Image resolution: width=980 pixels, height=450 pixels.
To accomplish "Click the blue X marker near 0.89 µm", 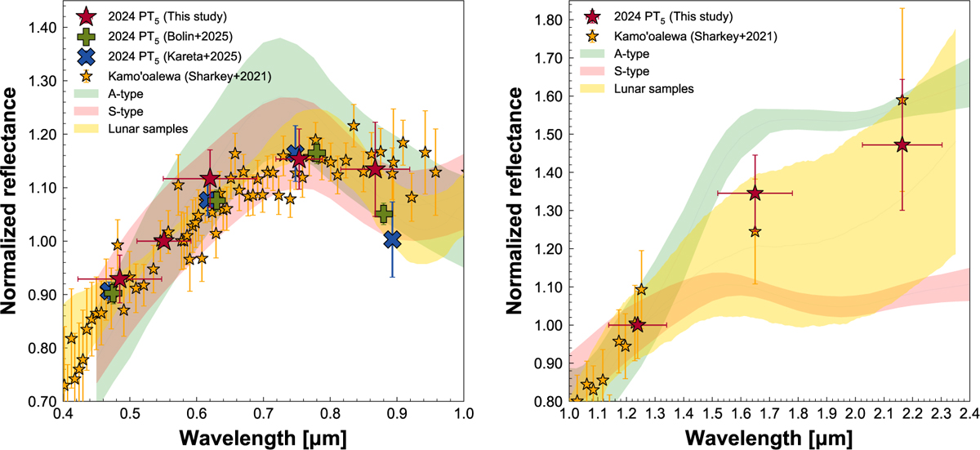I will click(x=393, y=238).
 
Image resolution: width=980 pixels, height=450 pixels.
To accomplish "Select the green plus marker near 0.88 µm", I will click(x=384, y=214).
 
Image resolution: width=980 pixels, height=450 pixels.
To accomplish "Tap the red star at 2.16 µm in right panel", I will click(x=902, y=145).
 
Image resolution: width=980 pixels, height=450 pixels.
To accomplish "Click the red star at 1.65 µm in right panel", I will click(x=755, y=193).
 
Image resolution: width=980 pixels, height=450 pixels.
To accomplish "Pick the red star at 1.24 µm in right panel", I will click(x=637, y=324).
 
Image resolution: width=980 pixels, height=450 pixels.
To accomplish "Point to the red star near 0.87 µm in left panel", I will click(x=375, y=169).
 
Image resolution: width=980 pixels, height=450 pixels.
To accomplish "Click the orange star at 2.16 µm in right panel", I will click(x=902, y=100).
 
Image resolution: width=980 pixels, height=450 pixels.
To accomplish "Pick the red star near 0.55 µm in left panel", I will click(x=163, y=241).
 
